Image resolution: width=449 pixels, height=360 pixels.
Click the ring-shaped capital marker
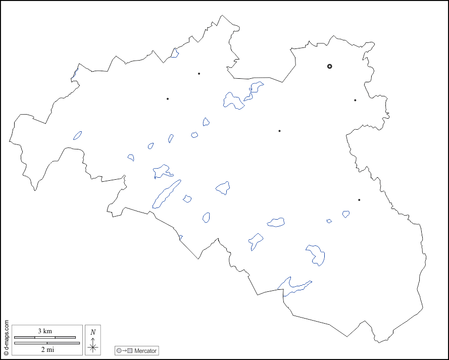(329, 66)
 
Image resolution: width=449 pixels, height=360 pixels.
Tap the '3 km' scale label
(45, 331)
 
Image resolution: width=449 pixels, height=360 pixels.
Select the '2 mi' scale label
(47, 349)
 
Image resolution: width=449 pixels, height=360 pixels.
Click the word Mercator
(145, 350)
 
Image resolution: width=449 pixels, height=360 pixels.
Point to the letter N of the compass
(93, 332)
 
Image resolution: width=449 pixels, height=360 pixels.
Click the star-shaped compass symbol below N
(93, 347)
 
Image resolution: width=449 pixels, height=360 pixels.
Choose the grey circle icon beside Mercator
(119, 350)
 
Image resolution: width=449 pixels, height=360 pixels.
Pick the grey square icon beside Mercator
(130, 350)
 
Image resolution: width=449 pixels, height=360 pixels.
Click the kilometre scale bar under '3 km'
(45, 337)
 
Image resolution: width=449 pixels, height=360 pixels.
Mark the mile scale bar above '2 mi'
(47, 343)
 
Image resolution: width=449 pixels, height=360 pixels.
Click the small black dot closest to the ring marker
(355, 100)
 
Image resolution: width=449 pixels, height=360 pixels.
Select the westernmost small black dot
(168, 98)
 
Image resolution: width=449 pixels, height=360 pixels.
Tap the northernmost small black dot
(199, 74)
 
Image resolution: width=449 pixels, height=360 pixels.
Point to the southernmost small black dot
(359, 200)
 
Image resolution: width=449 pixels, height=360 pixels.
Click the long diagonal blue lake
(166, 194)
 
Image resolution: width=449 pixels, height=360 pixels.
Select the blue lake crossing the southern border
(293, 286)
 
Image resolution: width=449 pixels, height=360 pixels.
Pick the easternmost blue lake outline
(346, 214)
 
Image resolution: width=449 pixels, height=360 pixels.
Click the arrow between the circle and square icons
(124, 350)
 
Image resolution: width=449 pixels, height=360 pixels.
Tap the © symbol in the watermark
(6, 353)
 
